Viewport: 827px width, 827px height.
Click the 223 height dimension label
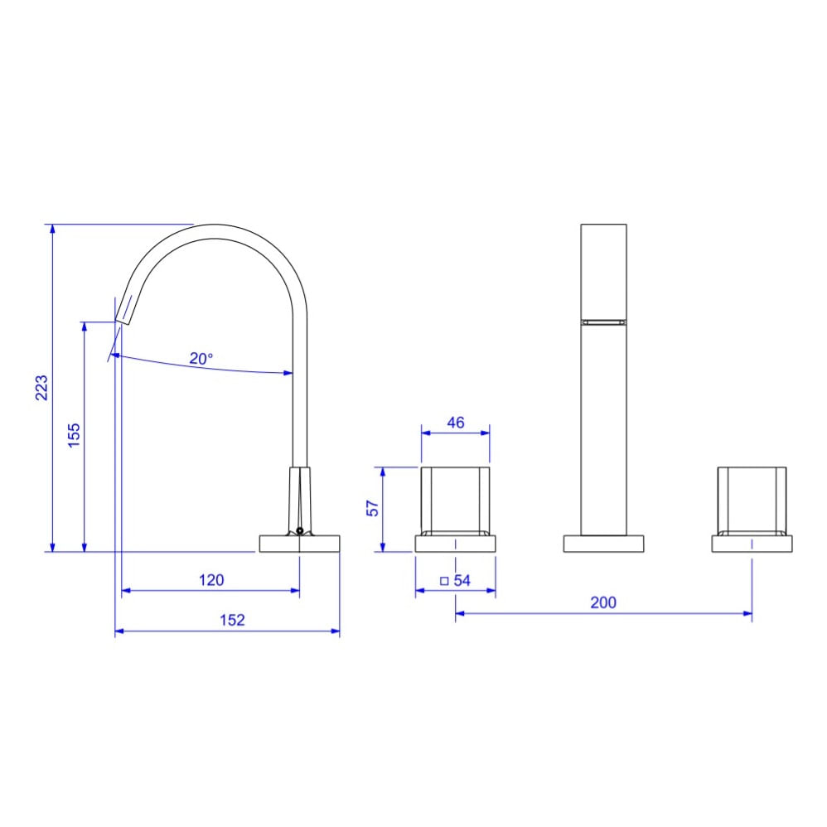coord(41,388)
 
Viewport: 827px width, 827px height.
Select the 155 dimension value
coord(74,435)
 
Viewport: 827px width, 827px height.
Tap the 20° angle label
coord(201,359)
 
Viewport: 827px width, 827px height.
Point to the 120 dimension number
coord(211,580)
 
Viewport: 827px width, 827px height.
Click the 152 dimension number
coord(232,620)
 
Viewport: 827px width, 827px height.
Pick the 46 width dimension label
coord(456,423)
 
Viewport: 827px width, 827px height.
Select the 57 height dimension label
coord(372,509)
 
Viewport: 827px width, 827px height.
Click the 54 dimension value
coord(462,580)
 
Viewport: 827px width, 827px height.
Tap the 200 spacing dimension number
coord(603,602)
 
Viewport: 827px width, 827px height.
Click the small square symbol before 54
coord(444,581)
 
